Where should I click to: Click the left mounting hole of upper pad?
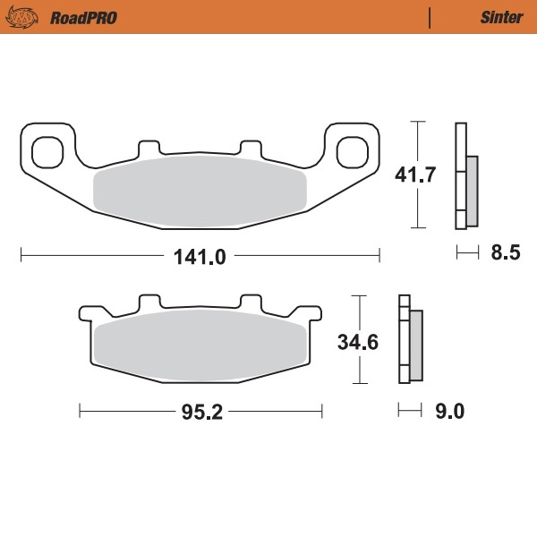47,149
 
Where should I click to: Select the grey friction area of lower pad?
200,345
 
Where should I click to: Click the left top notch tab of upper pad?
149,147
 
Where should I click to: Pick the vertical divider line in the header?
430,17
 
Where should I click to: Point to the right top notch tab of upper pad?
250,147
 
